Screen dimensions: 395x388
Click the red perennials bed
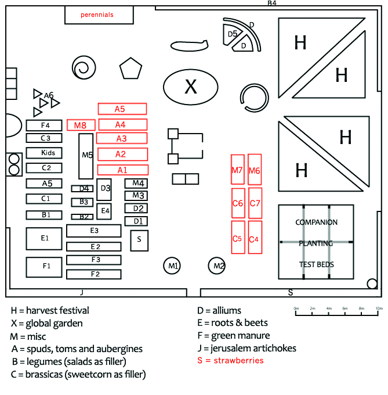pyautogui.click(x=96, y=15)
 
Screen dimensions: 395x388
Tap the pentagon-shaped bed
pyautogui.click(x=130, y=70)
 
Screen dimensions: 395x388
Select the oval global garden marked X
pyautogui.click(x=190, y=87)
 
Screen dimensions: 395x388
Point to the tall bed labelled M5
pyautogui.click(x=86, y=156)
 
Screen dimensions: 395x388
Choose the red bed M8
pyautogui.click(x=81, y=125)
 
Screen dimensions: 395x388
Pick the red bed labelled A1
pyautogui.click(x=122, y=170)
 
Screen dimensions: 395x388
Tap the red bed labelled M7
pyautogui.click(x=237, y=170)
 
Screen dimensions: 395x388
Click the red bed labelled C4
pyautogui.click(x=254, y=237)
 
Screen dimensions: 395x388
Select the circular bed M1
pyautogui.click(x=172, y=265)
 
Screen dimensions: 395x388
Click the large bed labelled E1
pyautogui.click(x=44, y=238)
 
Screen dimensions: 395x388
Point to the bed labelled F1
pyautogui.click(x=44, y=266)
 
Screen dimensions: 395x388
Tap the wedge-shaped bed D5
pyautogui.click(x=233, y=34)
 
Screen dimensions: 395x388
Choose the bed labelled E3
pyautogui.click(x=93, y=231)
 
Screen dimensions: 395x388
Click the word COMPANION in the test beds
pyautogui.click(x=316, y=222)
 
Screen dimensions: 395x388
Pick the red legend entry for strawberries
pyautogui.click(x=231, y=361)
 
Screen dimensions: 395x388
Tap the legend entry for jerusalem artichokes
pyautogui.click(x=246, y=349)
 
